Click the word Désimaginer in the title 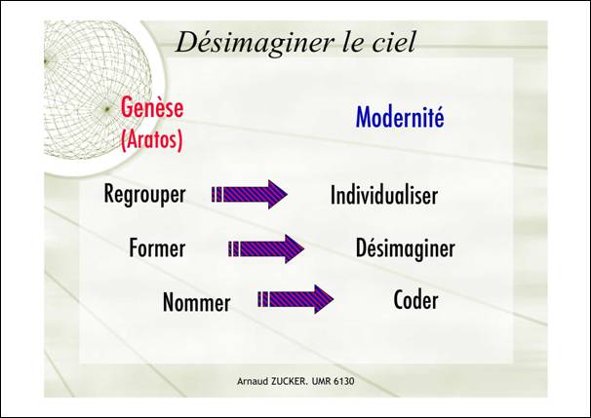[x=256, y=43]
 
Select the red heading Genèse [x=152, y=107]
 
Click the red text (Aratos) [x=152, y=139]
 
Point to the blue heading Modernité [x=400, y=117]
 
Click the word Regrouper [x=144, y=195]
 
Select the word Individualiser [x=384, y=195]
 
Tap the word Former [x=157, y=248]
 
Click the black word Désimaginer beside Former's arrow [x=405, y=248]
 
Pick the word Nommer [x=196, y=303]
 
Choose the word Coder [x=415, y=300]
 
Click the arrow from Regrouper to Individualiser [x=250, y=194]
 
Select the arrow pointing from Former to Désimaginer [x=266, y=248]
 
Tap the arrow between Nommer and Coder [x=295, y=299]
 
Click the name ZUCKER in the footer [x=289, y=381]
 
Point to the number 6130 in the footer [x=344, y=381]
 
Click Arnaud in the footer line [x=252, y=381]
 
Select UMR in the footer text [x=322, y=381]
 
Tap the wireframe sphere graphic [x=97, y=90]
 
